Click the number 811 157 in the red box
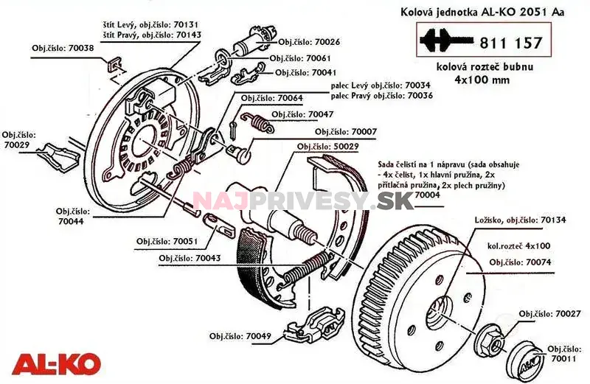[511, 43]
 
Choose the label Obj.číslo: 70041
[306, 73]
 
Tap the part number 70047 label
[302, 114]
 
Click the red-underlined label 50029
[327, 147]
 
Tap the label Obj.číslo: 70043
[190, 258]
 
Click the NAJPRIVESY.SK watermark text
[303, 200]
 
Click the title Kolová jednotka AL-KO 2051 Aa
[483, 12]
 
